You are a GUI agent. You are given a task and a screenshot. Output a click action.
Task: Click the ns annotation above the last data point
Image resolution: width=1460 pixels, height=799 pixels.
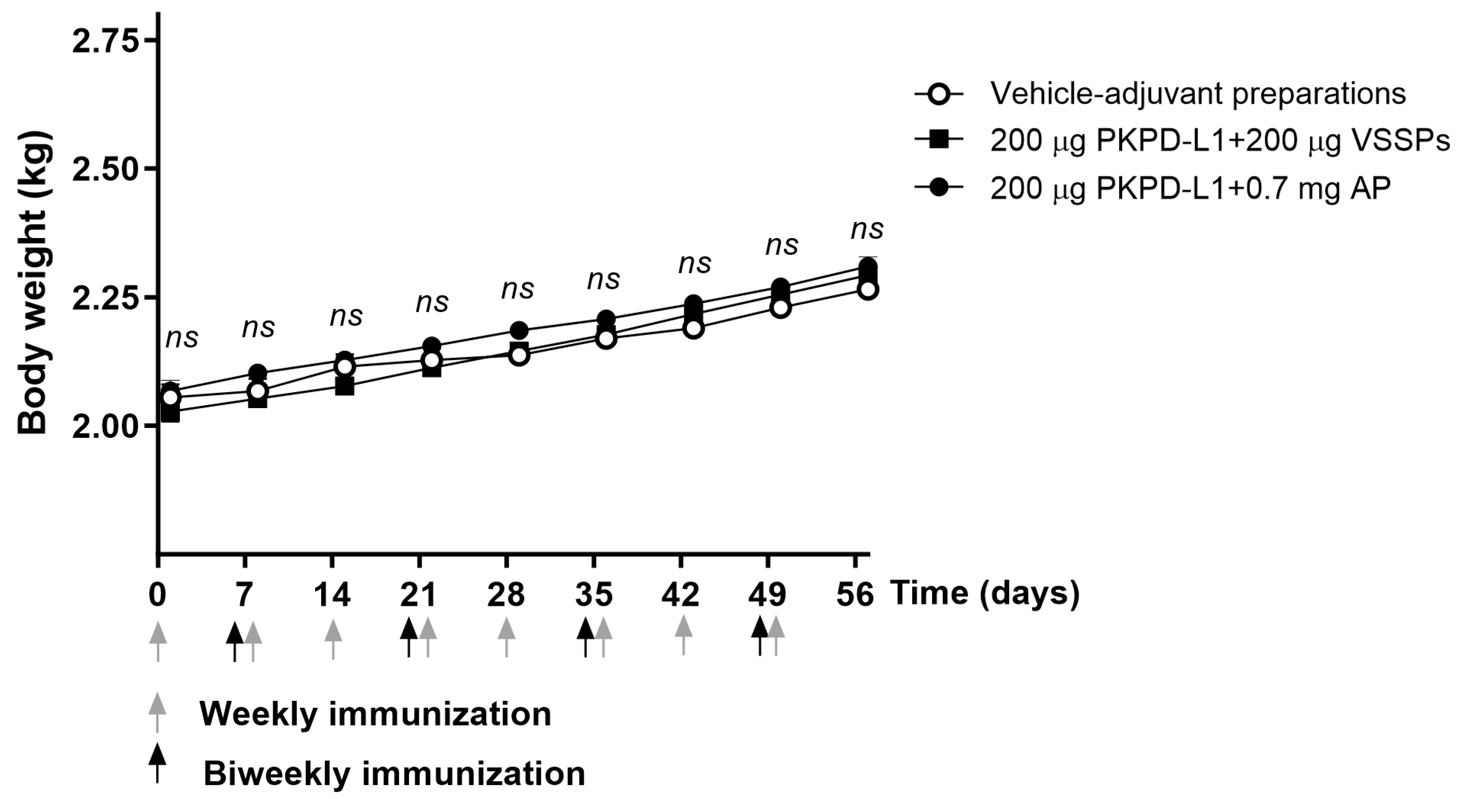867,230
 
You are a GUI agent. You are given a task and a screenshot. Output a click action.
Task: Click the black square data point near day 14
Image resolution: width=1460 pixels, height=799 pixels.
344,387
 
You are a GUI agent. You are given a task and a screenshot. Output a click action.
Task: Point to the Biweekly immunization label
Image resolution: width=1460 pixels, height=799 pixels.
394,774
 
